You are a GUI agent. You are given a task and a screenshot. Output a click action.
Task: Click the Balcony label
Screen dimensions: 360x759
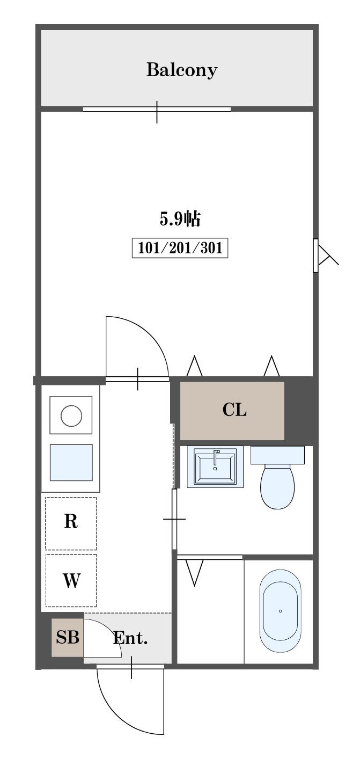(x=181, y=70)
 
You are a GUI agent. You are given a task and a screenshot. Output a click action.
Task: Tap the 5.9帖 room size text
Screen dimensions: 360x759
(x=180, y=218)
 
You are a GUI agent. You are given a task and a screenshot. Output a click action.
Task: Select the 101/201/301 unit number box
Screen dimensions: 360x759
(x=180, y=248)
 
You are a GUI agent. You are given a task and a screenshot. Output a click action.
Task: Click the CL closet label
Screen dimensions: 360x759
(x=234, y=410)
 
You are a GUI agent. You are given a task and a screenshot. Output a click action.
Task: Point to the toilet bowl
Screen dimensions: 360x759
(x=277, y=486)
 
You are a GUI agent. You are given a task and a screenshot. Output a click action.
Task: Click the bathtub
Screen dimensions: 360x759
(x=281, y=611)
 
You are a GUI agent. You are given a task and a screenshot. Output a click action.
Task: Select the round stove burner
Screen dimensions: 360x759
(x=71, y=415)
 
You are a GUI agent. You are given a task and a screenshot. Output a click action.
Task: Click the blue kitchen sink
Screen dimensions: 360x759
(x=71, y=463)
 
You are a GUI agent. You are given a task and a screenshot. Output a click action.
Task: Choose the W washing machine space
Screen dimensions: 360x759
(x=71, y=580)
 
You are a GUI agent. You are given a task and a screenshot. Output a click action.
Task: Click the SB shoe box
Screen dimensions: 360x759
(x=68, y=637)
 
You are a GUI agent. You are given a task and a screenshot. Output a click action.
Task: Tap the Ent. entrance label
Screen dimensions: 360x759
(x=130, y=638)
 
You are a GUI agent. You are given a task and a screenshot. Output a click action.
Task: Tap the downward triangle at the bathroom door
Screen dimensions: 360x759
(x=195, y=573)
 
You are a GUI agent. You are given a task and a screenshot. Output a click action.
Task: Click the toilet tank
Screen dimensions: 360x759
(x=277, y=455)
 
